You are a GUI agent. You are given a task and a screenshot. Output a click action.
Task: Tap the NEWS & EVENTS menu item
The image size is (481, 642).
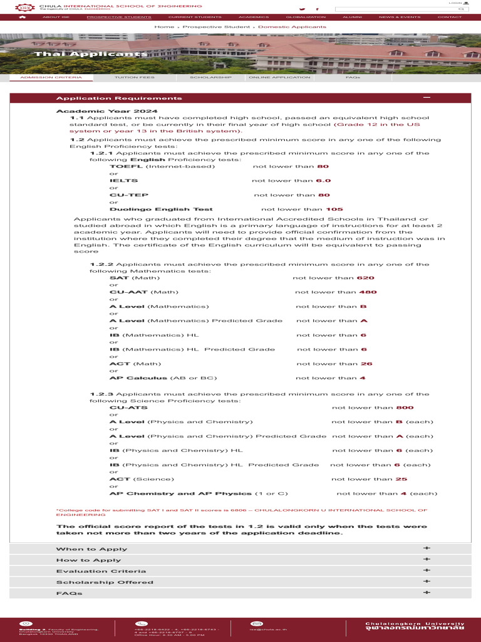400,17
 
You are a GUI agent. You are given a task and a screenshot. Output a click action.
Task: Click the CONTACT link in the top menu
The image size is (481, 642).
449,17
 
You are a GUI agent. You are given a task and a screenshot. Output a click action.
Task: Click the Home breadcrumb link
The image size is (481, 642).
164,27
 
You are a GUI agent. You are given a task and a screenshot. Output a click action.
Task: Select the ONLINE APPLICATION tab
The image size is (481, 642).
279,77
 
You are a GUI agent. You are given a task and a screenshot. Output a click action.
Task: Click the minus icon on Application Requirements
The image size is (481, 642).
427,98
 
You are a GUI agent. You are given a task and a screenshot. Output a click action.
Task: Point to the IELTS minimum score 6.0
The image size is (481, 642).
323,181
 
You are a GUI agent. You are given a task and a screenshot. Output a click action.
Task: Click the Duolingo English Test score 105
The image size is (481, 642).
334,209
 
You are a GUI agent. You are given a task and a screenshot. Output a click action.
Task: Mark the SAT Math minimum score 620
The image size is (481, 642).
365,278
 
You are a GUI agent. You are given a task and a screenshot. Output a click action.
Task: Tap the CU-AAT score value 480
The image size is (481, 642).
368,292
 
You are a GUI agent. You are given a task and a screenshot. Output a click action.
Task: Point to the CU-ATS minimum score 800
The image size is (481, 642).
405,408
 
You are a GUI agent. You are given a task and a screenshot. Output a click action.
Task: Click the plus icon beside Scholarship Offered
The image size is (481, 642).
427,582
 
